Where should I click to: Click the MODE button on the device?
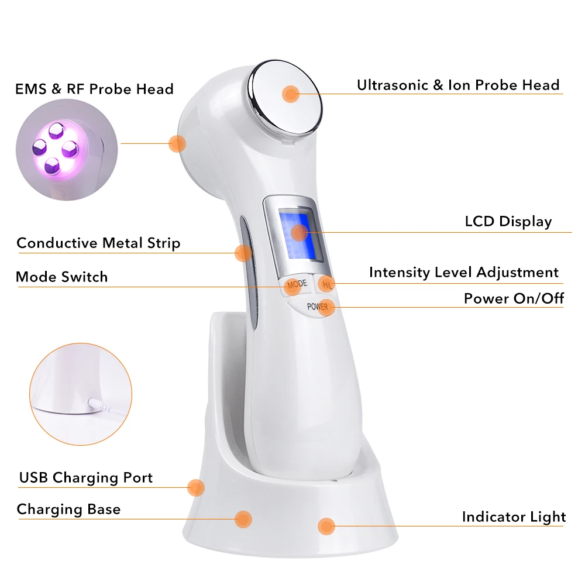[296, 284]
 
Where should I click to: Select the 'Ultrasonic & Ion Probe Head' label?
[458, 85]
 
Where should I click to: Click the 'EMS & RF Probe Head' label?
[94, 89]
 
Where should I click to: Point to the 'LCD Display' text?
[508, 222]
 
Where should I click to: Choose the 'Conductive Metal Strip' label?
[98, 243]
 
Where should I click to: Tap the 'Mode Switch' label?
[61, 277]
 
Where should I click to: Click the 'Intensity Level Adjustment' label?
[463, 272]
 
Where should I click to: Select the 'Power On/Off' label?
[514, 298]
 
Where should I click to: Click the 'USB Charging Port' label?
[85, 477]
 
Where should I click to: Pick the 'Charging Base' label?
[68, 509]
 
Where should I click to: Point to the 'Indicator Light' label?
[514, 517]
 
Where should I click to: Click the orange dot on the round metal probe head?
[290, 94]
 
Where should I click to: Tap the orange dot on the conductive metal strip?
[243, 253]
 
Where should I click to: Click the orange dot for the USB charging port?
[196, 487]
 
